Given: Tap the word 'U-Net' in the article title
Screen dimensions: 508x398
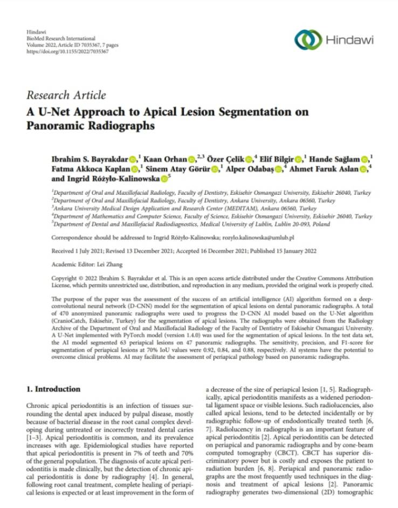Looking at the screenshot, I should [55, 112].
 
